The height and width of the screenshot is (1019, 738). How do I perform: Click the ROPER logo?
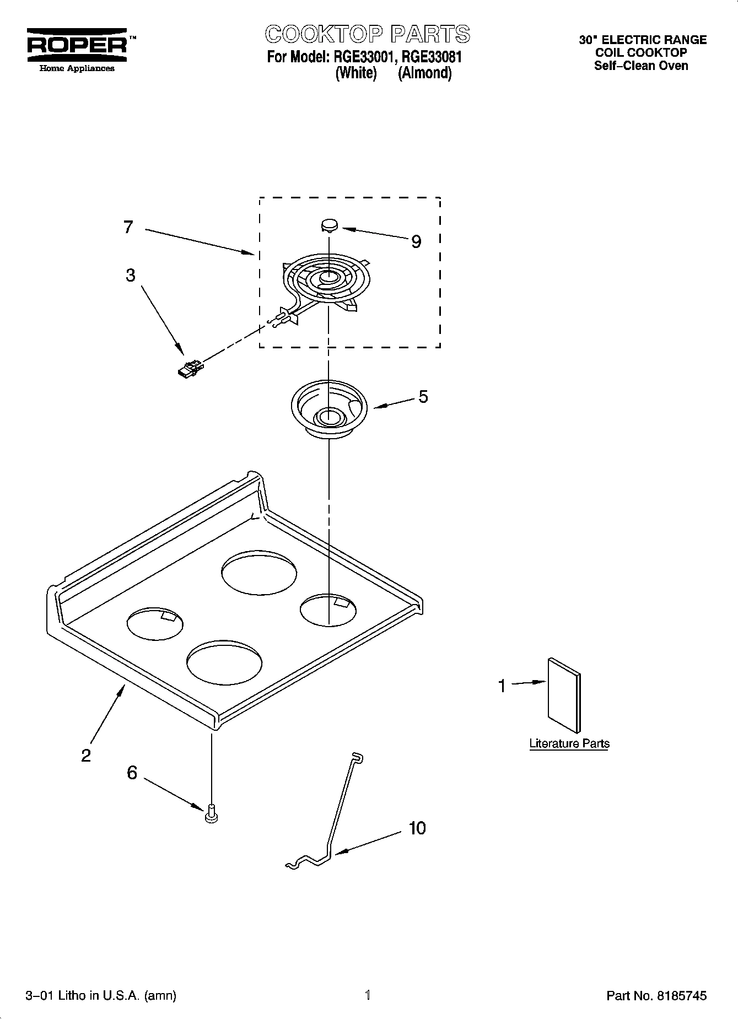[x=77, y=45]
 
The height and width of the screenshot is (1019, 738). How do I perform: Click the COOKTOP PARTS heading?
[x=368, y=34]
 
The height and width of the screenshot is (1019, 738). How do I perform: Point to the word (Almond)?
[x=424, y=73]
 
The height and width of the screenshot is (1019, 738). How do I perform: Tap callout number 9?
[x=416, y=241]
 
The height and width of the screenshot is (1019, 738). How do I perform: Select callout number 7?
[x=128, y=227]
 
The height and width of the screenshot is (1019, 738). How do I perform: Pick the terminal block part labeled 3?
[x=189, y=369]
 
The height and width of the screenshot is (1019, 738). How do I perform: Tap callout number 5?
[x=423, y=396]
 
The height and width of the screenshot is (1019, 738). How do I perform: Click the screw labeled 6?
[x=211, y=815]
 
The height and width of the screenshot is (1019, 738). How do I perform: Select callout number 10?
[x=417, y=828]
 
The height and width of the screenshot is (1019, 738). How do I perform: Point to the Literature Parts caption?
[x=569, y=743]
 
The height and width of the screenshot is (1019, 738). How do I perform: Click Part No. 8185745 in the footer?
[x=656, y=995]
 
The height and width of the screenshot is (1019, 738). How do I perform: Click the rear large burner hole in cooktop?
[x=258, y=574]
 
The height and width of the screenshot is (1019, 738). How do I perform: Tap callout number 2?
[x=86, y=755]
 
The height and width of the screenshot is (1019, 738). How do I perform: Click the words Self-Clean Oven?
[x=640, y=66]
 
